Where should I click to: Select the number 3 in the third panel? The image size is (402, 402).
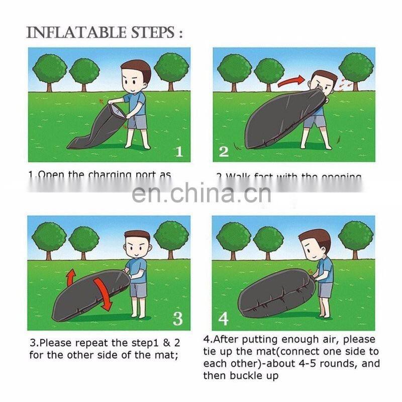(x=177, y=319)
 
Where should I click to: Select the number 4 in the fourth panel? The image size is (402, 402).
(x=224, y=319)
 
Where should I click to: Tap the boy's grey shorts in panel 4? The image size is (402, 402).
(x=325, y=290)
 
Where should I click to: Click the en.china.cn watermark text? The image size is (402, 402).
(x=201, y=193)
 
